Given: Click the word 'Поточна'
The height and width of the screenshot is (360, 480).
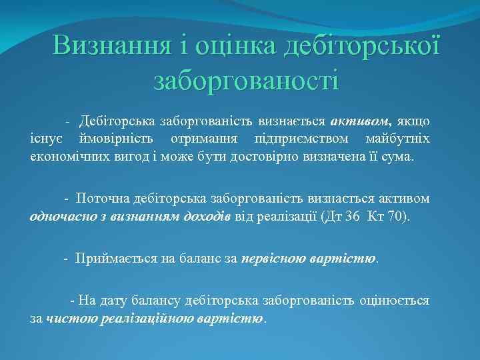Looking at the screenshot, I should [99, 199].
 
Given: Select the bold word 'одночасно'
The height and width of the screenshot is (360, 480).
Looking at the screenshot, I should [61, 217].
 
